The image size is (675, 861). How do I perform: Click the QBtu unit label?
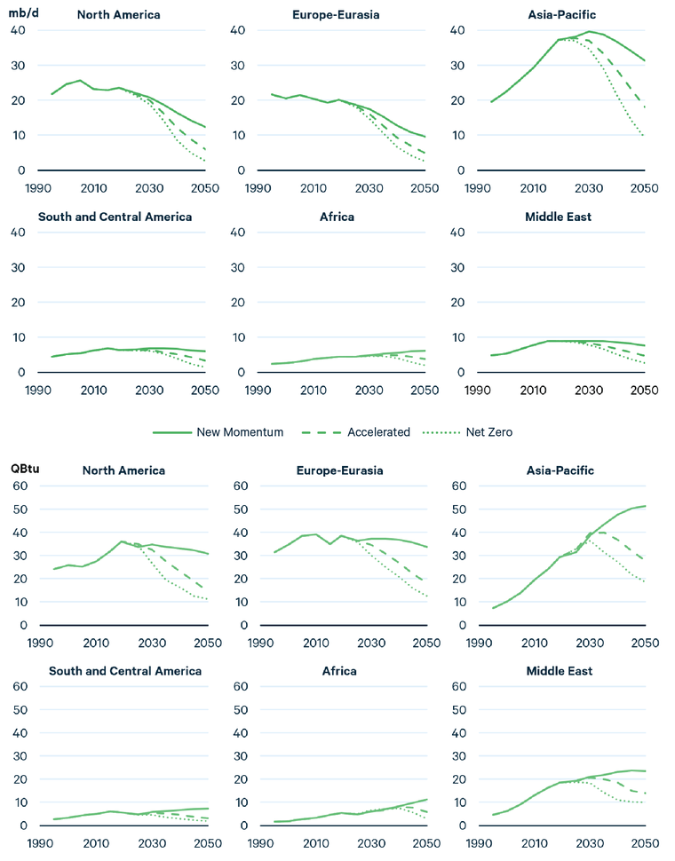pos(24,468)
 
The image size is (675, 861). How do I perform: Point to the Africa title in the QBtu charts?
pos(340,671)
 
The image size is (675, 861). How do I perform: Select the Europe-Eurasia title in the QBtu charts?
pos(340,470)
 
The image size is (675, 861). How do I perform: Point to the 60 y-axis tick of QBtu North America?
pos(20,486)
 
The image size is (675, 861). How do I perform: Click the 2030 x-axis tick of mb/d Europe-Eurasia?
pos(368,187)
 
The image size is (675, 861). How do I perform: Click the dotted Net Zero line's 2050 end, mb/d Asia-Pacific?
pos(643,136)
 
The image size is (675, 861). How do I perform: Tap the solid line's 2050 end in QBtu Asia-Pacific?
pos(643,506)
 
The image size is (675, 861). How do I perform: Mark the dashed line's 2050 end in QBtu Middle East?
pos(643,793)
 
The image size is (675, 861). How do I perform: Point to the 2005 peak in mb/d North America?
pos(80,80)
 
